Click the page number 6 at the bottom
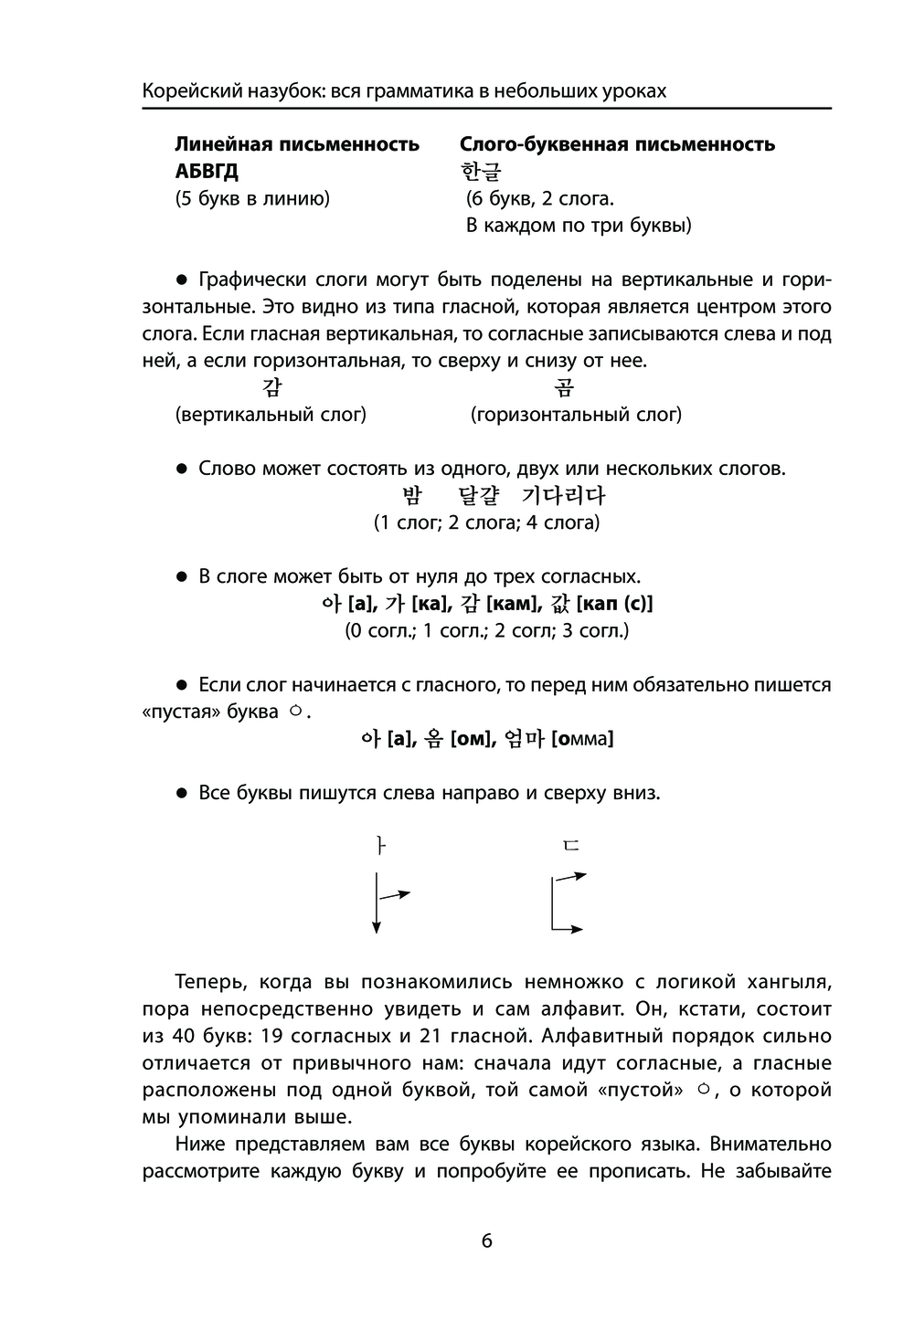click(x=486, y=1240)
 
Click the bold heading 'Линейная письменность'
click(x=297, y=144)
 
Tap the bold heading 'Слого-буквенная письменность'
click(x=617, y=144)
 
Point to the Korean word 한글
click(x=482, y=172)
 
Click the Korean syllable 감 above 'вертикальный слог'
click(x=271, y=388)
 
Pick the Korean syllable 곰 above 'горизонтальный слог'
click(x=565, y=388)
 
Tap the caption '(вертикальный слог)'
click(x=271, y=415)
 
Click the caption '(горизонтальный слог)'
click(x=576, y=415)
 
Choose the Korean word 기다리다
click(x=563, y=496)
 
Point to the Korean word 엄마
click(x=524, y=739)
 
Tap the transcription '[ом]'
click(x=473, y=739)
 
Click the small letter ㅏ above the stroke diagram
click(x=381, y=846)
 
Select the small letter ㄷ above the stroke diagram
click(x=570, y=846)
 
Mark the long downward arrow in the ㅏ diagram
click(x=377, y=902)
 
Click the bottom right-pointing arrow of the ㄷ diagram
click(x=569, y=929)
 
